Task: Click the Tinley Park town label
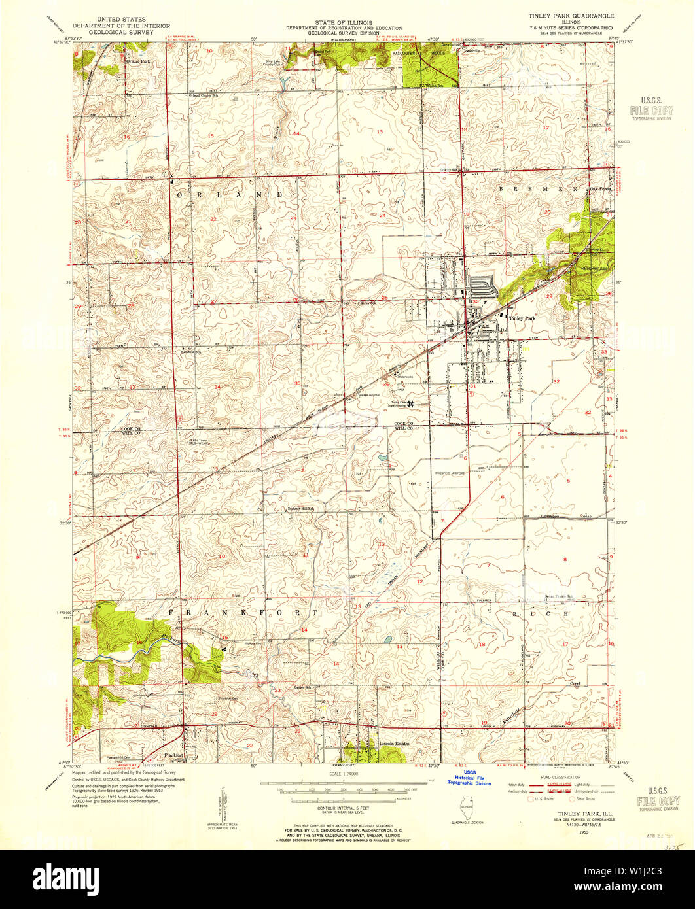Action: pyautogui.click(x=522, y=318)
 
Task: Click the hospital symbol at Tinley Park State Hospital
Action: pyautogui.click(x=410, y=404)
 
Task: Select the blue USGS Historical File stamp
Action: pyautogui.click(x=468, y=777)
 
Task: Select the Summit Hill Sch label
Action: pyautogui.click(x=302, y=509)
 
